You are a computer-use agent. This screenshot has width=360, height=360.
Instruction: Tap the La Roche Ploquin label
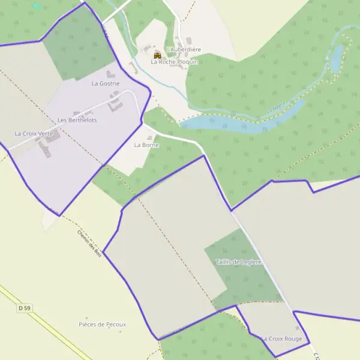coord(175,62)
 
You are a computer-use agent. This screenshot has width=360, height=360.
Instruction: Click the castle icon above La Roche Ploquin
coord(158,55)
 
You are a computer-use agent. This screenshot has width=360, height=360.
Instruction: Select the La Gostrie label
coord(106,84)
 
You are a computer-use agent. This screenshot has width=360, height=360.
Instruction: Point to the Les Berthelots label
coord(77,121)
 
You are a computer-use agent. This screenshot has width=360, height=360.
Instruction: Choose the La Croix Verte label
coord(34,133)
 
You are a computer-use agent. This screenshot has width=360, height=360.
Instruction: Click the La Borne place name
coord(146,145)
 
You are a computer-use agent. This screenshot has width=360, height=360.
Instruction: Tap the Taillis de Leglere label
coord(239,262)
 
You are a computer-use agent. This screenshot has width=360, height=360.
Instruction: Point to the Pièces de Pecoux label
coord(103,324)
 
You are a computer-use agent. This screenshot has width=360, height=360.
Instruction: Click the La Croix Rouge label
coord(281,339)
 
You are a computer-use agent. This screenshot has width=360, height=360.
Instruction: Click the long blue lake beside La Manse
coord(240,122)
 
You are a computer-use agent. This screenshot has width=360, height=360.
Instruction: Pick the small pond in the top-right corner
coord(337,57)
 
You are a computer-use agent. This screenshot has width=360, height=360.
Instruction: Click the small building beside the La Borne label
coord(149,138)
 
